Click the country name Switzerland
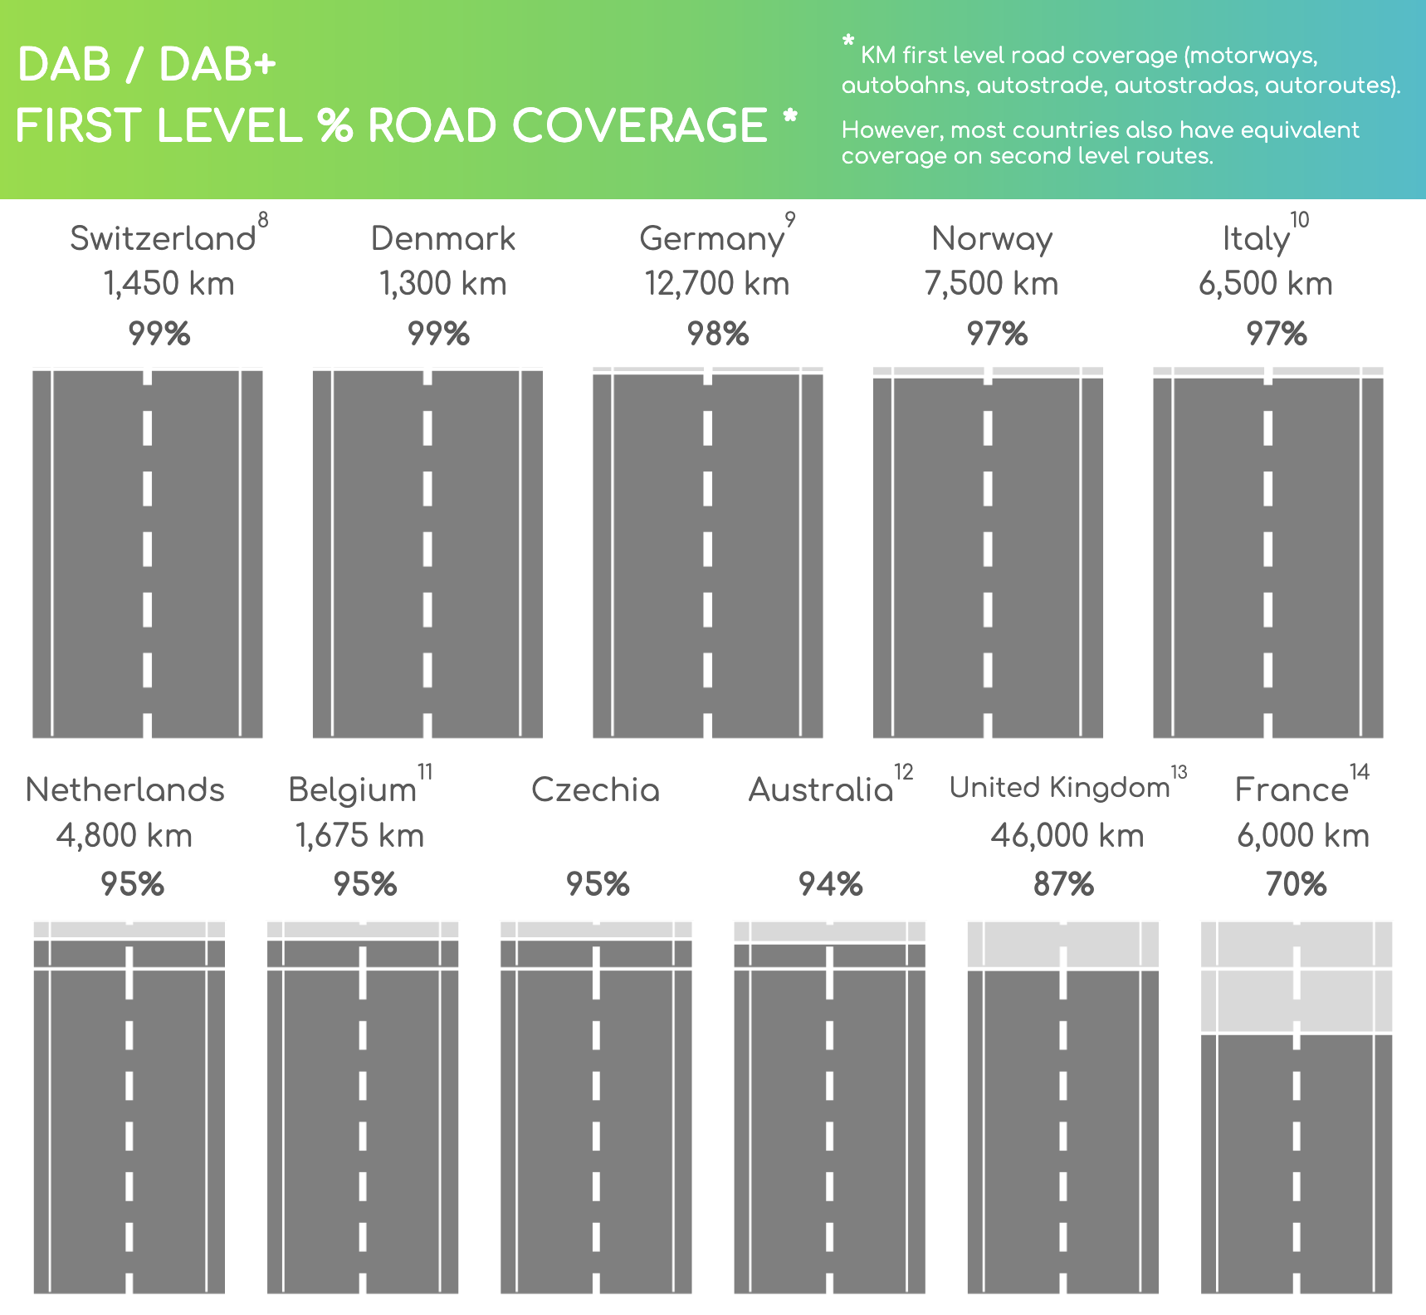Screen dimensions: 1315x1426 pos(163,238)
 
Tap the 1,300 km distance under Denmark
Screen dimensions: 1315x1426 pos(442,284)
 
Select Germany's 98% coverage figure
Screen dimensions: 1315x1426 pos(718,334)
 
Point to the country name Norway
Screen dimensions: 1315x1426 pos(992,238)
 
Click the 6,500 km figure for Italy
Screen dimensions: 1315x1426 pos(1265,284)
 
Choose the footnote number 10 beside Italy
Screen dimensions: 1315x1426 pos(1299,220)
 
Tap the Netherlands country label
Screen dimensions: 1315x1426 pos(125,789)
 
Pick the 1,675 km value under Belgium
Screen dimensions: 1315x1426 pos(359,835)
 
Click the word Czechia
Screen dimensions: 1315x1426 pos(595,789)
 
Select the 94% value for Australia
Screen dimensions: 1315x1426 pos(830,885)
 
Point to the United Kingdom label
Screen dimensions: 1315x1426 pos(1059,787)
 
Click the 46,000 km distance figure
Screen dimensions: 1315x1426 pos(1067,835)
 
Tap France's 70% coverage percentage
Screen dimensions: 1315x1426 pos(1296,885)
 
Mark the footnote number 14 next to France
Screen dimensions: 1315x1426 pos(1359,772)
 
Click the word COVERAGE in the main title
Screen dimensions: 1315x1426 pos(639,126)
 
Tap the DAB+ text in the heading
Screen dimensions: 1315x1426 pos(217,65)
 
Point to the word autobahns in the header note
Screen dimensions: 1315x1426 pos(904,86)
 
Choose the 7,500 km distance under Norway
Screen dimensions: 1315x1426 pos(991,284)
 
